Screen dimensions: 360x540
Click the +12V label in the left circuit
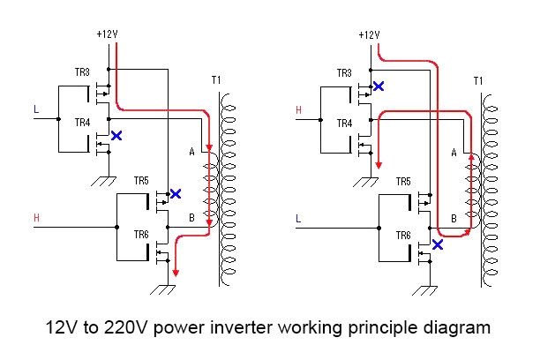pos(107,34)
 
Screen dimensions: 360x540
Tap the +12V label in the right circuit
pos(369,34)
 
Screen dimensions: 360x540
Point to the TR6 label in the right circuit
pos(402,236)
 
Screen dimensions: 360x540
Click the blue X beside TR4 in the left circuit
pos(116,136)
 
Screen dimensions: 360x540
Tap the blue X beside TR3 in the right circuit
pos(379,86)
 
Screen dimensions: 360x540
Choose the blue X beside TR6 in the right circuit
pos(437,245)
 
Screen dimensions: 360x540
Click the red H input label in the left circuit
pos(36,217)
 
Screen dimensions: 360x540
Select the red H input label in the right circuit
pos(298,110)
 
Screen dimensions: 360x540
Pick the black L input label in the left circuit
pos(36,110)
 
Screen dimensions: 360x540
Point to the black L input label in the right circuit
pos(298,217)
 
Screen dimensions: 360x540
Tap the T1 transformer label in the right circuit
pos(477,81)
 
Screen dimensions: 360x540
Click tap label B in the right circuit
pos(454,216)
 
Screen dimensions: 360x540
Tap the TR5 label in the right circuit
pos(402,181)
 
